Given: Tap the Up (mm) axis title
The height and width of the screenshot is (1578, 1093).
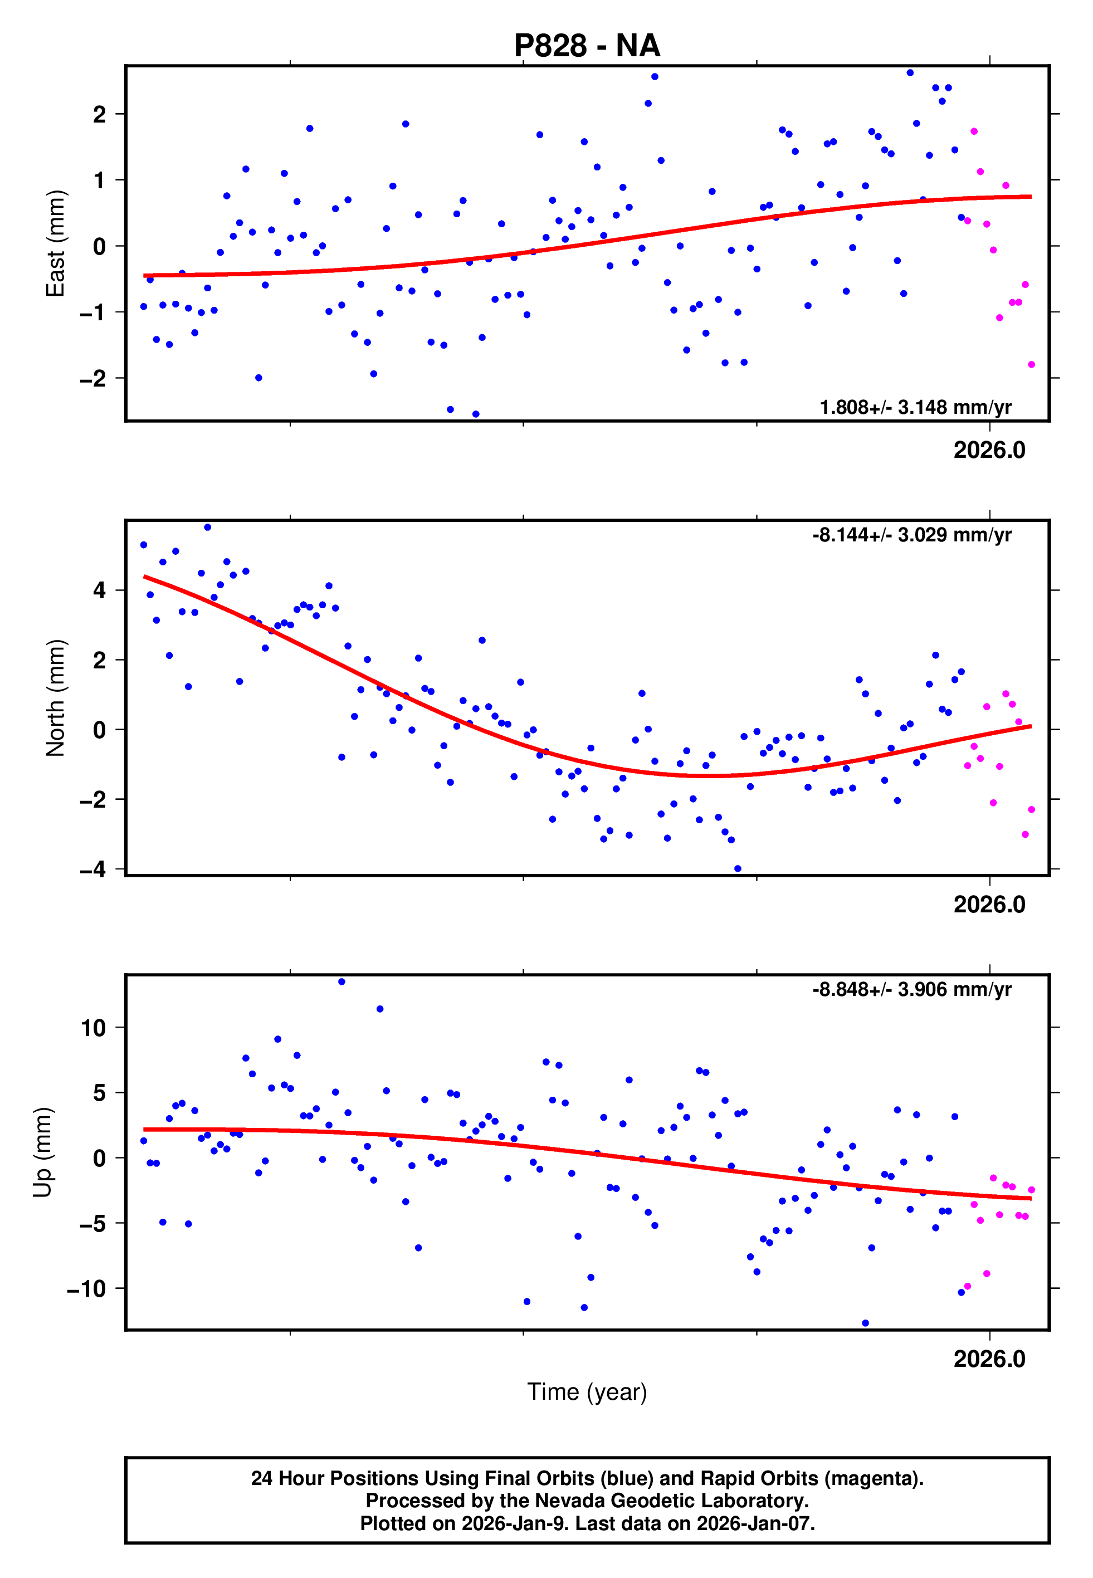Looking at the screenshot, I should [x=42, y=1152].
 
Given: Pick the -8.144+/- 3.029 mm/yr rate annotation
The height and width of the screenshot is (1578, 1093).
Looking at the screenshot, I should [x=911, y=535].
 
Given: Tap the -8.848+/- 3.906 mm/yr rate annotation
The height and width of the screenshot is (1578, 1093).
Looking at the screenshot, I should [x=911, y=989].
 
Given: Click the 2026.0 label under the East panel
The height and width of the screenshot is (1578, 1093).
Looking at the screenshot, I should [x=989, y=451].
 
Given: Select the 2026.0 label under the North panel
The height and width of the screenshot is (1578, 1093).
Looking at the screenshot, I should [x=989, y=905].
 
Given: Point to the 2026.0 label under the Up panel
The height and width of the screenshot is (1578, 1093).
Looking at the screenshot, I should [x=989, y=1360].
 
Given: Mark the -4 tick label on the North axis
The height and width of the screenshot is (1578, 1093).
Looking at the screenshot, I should [x=93, y=869].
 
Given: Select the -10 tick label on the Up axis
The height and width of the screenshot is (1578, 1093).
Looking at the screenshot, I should [x=86, y=1289].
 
